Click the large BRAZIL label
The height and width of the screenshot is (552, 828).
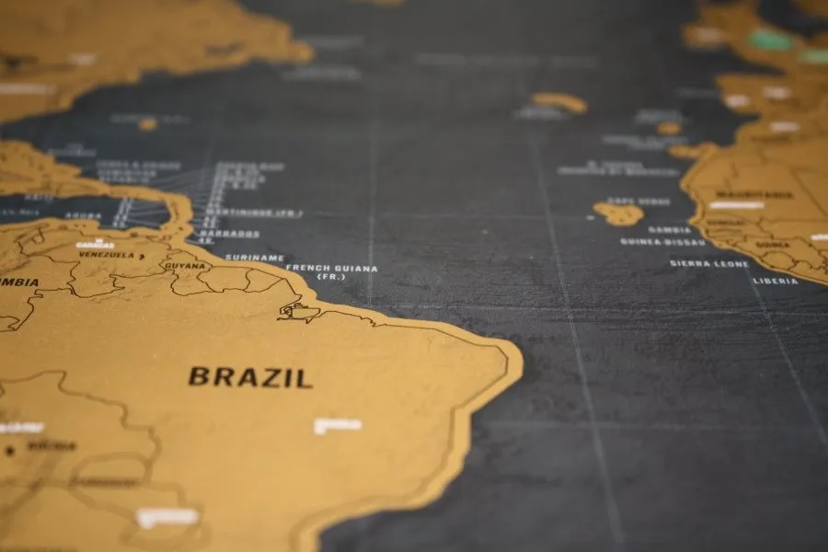pyautogui.click(x=250, y=377)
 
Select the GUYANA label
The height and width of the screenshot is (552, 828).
pyautogui.click(x=185, y=266)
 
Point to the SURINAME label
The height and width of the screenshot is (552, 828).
pyautogui.click(x=255, y=258)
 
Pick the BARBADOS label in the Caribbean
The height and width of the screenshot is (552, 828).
pyautogui.click(x=232, y=234)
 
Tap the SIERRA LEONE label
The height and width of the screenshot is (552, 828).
pyautogui.click(x=709, y=263)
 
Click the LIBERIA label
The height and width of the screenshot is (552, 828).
pyautogui.click(x=776, y=281)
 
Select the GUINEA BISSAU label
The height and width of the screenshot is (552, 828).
pyautogui.click(x=662, y=242)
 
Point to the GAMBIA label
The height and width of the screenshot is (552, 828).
pyautogui.click(x=669, y=230)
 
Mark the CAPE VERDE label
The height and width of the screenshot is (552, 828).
pyautogui.click(x=638, y=201)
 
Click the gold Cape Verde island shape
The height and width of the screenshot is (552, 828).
pyautogui.click(x=618, y=213)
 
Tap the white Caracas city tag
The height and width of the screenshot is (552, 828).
pyautogui.click(x=96, y=245)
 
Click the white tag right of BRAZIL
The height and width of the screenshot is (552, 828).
pyautogui.click(x=338, y=426)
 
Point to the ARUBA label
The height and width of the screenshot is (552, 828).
pyautogui.click(x=82, y=216)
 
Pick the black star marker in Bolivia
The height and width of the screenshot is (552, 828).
pyautogui.click(x=10, y=450)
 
